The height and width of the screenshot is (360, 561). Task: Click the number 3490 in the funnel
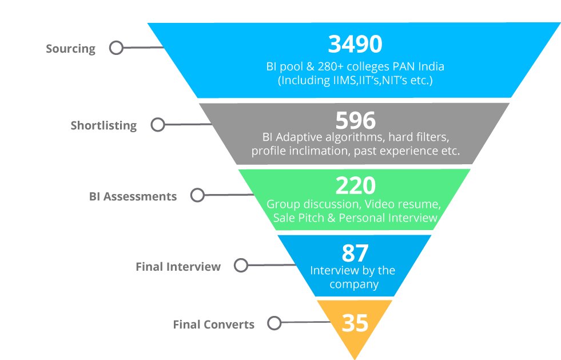[355, 44]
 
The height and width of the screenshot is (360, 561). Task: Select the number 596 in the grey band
[355, 120]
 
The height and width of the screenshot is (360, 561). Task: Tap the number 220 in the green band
[355, 185]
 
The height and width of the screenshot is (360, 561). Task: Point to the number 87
[355, 253]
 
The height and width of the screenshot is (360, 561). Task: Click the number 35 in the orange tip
[355, 323]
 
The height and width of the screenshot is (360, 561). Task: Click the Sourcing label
[70, 49]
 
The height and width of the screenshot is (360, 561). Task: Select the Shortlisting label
[104, 126]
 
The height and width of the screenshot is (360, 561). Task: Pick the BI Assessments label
[133, 196]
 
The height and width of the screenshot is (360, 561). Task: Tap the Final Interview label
[178, 267]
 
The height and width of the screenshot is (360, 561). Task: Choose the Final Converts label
[214, 324]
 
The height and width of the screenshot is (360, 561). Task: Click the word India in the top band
[431, 66]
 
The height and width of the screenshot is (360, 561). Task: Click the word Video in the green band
[380, 204]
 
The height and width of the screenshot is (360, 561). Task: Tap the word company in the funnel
[354, 285]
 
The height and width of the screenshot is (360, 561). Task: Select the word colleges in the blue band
[368, 67]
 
